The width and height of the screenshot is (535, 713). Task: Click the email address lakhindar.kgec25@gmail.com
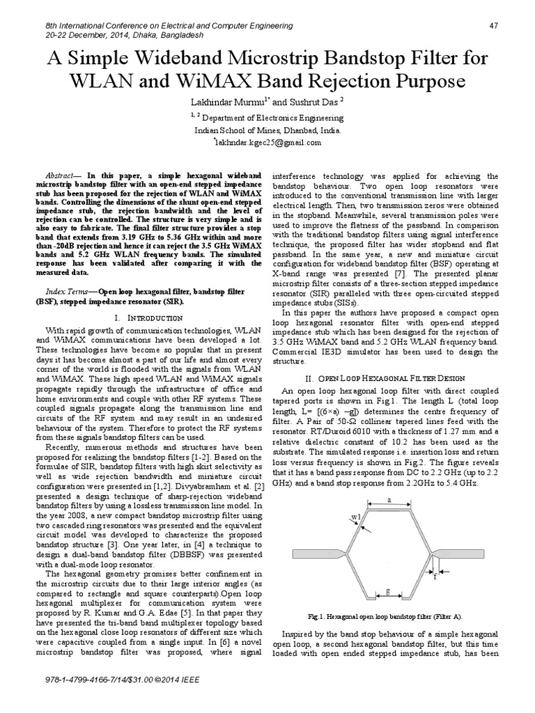click(271, 142)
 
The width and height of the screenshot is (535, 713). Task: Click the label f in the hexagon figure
click(435, 577)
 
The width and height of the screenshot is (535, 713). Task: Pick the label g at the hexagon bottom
click(389, 590)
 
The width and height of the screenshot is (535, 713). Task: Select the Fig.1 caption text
click(389, 617)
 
